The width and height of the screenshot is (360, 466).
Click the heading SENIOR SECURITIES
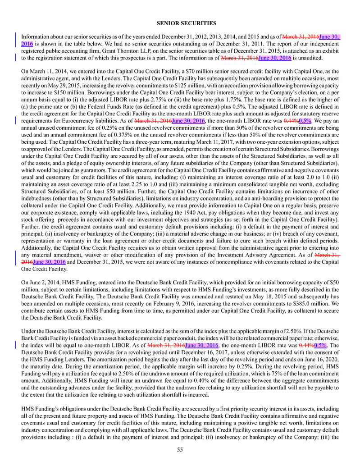point(180,23)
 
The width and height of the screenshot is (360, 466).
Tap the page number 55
point(180,450)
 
